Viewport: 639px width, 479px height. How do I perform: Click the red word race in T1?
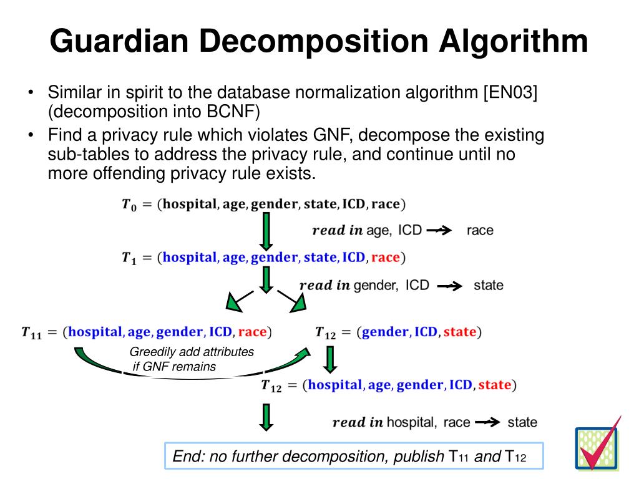384,257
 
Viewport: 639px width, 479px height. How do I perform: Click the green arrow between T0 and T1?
266,230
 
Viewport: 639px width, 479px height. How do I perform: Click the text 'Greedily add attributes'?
192,352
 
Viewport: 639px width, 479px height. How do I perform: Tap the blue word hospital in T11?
96,331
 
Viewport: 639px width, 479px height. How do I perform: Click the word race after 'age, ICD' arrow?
480,230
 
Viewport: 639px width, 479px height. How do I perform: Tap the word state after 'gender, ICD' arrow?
488,285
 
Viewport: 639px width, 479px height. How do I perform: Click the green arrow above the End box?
266,417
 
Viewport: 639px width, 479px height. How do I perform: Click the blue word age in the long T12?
379,385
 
